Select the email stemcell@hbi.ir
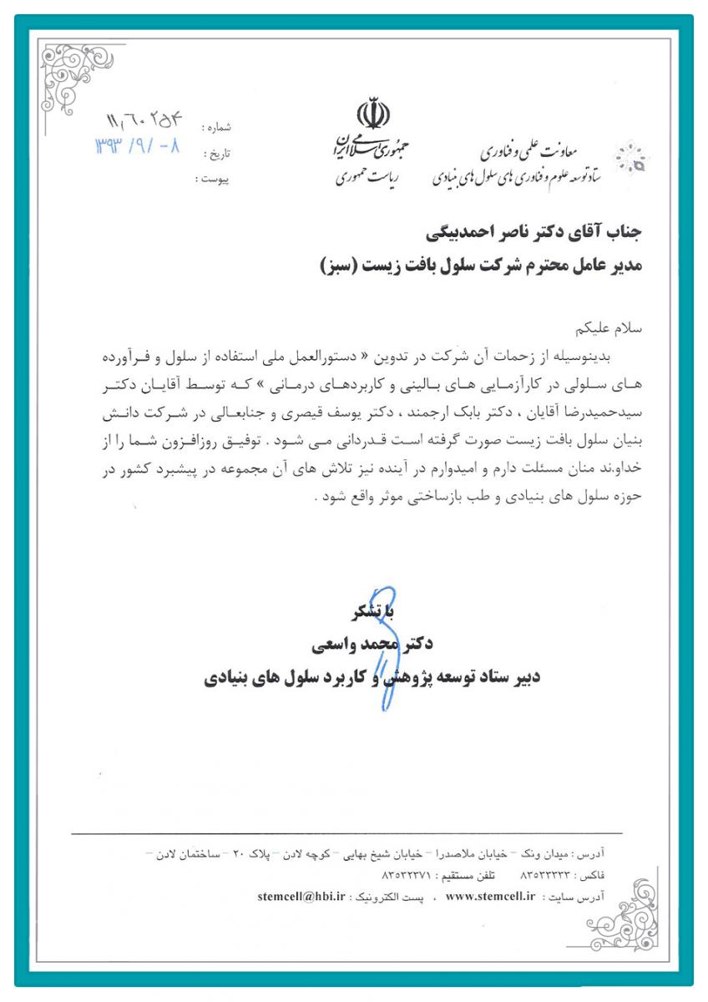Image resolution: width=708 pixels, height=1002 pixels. pos(301,896)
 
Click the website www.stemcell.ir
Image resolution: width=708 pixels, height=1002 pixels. pos(490,896)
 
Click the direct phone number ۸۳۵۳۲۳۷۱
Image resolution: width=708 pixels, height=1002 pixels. pos(406,875)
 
